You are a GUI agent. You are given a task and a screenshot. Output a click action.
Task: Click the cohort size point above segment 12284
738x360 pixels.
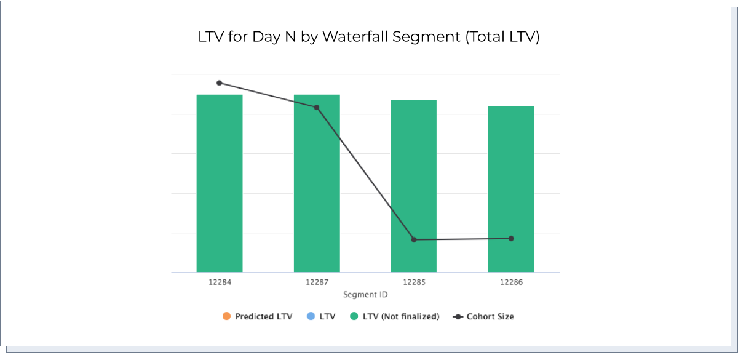[220, 83]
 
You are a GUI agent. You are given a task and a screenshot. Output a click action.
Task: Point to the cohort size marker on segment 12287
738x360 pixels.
[317, 108]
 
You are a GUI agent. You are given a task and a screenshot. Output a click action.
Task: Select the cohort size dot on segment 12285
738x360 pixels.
[414, 239]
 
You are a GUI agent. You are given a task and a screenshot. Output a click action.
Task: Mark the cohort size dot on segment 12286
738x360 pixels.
[511, 239]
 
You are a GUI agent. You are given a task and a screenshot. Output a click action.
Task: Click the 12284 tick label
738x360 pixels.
[220, 282]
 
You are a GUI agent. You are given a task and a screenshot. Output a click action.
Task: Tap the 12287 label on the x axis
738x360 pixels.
[317, 282]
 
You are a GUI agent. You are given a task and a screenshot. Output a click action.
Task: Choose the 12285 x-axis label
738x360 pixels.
[414, 282]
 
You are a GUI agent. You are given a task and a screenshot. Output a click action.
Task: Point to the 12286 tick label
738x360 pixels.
[511, 282]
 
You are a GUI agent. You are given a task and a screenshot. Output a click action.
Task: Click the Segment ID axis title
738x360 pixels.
[365, 295]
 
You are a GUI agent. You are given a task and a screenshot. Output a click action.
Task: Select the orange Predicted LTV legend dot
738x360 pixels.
[226, 316]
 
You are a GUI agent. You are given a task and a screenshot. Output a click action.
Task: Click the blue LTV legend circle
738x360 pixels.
[311, 316]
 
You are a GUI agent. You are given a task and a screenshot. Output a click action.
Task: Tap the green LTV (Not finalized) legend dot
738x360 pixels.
[354, 316]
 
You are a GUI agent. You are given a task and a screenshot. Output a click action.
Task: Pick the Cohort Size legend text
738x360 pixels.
[490, 316]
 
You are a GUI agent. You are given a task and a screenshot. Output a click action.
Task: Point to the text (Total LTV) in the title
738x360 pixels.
[502, 36]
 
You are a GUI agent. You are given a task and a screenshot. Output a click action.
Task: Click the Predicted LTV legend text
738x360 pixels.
[263, 316]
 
